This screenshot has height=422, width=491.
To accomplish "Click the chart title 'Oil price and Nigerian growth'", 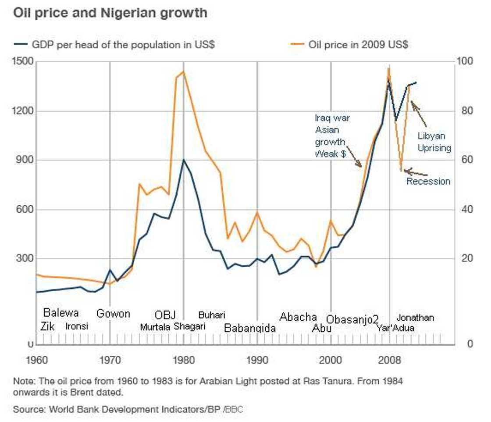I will tap(110, 13).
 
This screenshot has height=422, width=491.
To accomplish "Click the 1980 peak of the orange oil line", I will tap(183, 72).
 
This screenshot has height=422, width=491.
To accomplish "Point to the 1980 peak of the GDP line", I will tap(184, 160).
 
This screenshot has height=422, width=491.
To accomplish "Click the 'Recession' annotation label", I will tap(428, 182).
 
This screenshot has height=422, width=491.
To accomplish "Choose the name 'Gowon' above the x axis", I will tap(113, 314).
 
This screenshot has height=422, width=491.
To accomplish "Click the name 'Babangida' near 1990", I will tap(250, 328).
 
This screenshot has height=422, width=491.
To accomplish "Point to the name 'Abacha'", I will tap(298, 317).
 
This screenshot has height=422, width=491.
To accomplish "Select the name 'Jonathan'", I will tap(415, 318).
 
